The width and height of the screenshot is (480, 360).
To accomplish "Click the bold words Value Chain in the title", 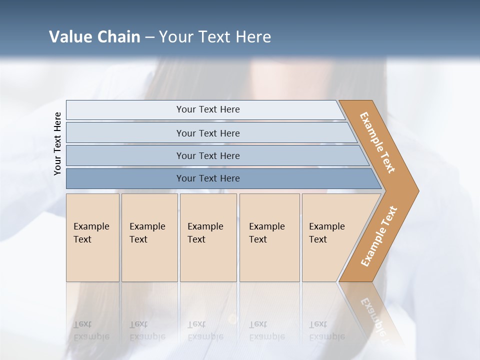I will tap(94, 37).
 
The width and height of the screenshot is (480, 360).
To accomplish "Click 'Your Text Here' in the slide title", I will tap(215, 37).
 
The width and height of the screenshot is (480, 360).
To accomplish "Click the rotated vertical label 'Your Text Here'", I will tap(57, 143).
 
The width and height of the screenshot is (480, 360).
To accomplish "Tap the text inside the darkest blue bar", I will tap(208, 178).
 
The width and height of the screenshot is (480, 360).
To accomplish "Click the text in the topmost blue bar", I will tap(208, 109).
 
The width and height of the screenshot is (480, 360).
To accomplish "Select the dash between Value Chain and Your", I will tap(149, 37).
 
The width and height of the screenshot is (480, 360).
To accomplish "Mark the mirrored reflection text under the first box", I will tap(91, 330).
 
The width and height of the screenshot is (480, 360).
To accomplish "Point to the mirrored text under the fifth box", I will tap(326, 330).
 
